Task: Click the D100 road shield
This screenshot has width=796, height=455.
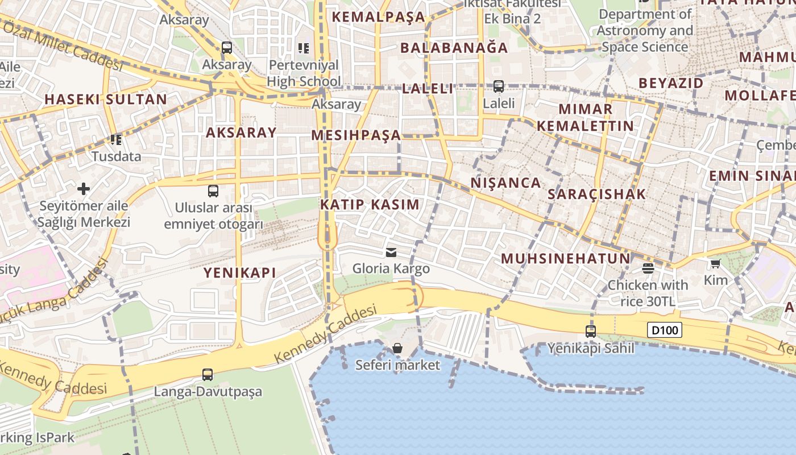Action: [664, 330]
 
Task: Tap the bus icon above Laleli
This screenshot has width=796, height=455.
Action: [499, 86]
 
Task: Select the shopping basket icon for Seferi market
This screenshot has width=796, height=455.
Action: [397, 348]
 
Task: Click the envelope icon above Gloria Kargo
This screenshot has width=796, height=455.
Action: [391, 252]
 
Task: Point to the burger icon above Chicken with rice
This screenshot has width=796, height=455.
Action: [648, 267]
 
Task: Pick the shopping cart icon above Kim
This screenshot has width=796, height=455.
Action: [715, 263]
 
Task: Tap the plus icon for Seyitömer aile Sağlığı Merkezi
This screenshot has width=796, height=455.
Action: [84, 188]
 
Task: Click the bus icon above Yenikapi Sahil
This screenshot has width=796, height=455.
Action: [591, 331]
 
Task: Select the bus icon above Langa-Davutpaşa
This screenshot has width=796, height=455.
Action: [208, 374]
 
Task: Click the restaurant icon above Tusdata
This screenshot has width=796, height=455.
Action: [116, 139]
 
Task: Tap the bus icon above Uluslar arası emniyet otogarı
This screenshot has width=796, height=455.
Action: [213, 191]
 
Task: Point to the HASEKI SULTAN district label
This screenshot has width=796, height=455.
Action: [106, 100]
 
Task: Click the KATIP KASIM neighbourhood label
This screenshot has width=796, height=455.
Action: [370, 205]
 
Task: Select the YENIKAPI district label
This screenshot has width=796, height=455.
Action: [240, 273]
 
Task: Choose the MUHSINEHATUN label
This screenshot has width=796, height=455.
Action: [565, 259]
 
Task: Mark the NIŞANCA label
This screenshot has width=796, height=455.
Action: [506, 183]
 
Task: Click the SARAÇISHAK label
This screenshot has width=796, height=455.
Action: [597, 194]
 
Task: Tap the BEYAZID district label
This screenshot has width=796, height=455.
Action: [671, 83]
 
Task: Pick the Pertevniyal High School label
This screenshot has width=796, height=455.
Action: [304, 73]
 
